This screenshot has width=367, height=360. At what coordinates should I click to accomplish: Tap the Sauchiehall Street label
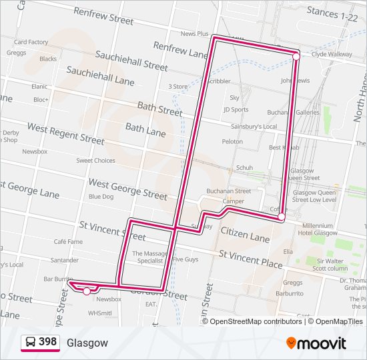pyautogui.click(x=131, y=61)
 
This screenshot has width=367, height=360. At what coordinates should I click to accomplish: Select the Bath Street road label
pyautogui.click(x=159, y=109)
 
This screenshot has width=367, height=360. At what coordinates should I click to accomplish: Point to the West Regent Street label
pyautogui.click(x=65, y=133)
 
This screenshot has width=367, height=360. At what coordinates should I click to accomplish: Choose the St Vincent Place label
pyautogui.click(x=250, y=259)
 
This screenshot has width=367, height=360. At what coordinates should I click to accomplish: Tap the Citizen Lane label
pyautogui.click(x=244, y=235)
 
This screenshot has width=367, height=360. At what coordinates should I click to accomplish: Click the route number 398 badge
pyautogui.click(x=40, y=342)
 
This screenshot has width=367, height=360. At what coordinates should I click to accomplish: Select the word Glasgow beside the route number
pyautogui.click(x=87, y=343)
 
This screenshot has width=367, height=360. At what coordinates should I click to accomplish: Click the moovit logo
pyautogui.click(x=316, y=343)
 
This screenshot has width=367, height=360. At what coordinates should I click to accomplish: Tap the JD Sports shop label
pyautogui.click(x=236, y=109)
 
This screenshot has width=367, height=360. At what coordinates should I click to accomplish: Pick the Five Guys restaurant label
pyautogui.click(x=186, y=259)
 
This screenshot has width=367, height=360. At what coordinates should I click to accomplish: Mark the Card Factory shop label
pyautogui.click(x=31, y=42)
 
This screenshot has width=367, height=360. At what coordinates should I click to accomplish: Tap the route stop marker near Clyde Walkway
pyautogui.click(x=296, y=57)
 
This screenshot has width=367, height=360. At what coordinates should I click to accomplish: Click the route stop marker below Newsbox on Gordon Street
pyautogui.click(x=87, y=291)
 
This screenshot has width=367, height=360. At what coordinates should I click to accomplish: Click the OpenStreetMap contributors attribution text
pyautogui.click(x=256, y=321)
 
